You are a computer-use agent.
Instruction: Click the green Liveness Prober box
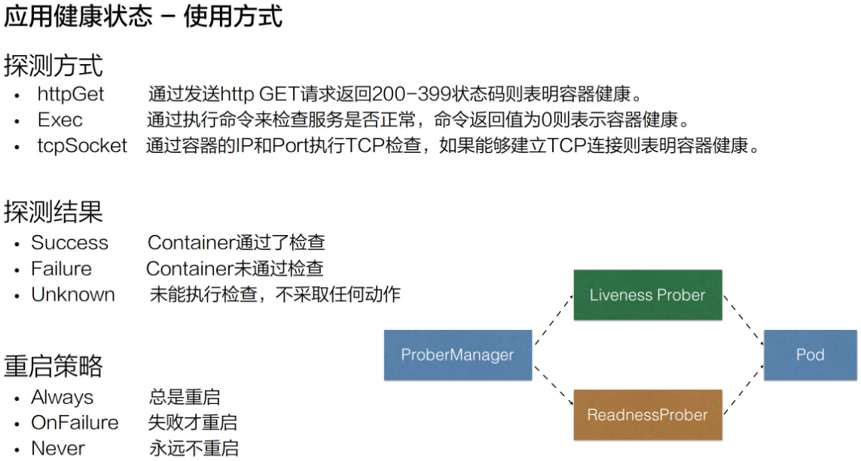(648, 295)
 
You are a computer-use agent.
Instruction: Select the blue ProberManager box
(457, 355)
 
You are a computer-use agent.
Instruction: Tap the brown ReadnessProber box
(648, 415)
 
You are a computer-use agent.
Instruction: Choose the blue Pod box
(810, 355)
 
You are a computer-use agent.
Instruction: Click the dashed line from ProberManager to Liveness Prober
(554, 320)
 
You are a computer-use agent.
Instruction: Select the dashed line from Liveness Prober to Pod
(743, 320)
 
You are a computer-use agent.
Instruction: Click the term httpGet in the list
(71, 94)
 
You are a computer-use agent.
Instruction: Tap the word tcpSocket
(82, 145)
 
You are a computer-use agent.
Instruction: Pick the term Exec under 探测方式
(60, 120)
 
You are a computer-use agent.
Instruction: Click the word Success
(69, 243)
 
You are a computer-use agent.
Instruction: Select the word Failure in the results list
(61, 269)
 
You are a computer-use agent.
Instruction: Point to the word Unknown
(73, 295)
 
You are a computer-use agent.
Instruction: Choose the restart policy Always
(62, 397)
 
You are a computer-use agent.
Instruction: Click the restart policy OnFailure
(75, 423)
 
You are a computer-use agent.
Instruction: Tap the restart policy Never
(58, 448)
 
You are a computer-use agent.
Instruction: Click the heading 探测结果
(53, 212)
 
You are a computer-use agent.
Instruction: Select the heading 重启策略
(53, 365)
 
